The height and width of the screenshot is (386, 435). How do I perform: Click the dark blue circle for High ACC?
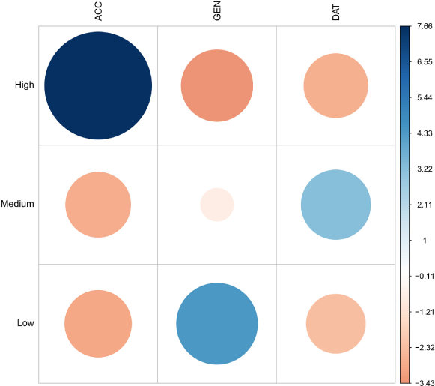coord(98,85)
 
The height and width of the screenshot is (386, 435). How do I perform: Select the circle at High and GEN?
coord(217,85)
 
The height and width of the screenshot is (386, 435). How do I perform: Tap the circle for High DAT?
coord(335,85)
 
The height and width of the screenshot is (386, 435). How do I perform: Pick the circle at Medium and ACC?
coord(98,205)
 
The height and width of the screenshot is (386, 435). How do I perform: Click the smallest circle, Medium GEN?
coord(217,205)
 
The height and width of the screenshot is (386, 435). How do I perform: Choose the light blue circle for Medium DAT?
coord(335,205)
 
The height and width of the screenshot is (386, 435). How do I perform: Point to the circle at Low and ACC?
coord(98,324)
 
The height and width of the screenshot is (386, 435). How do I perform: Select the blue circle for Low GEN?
coord(217,324)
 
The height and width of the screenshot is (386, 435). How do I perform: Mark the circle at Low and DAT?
coord(335,324)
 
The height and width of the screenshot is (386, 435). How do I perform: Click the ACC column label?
coord(98,11)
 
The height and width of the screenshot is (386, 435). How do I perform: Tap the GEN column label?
coord(217,10)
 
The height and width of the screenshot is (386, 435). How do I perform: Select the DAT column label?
coord(335,13)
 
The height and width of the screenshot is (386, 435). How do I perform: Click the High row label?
coord(25,85)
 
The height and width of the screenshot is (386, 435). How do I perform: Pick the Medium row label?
coord(17,204)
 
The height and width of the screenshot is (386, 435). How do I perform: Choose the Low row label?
coord(25,323)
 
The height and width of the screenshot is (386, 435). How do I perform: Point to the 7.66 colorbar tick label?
coord(425,26)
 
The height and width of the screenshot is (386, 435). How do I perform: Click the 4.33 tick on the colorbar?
coord(425,133)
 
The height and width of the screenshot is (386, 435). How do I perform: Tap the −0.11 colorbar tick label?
coord(425,276)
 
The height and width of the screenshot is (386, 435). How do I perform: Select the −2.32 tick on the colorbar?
coord(425,348)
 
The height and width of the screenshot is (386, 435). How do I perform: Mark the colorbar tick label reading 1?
coord(425,241)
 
